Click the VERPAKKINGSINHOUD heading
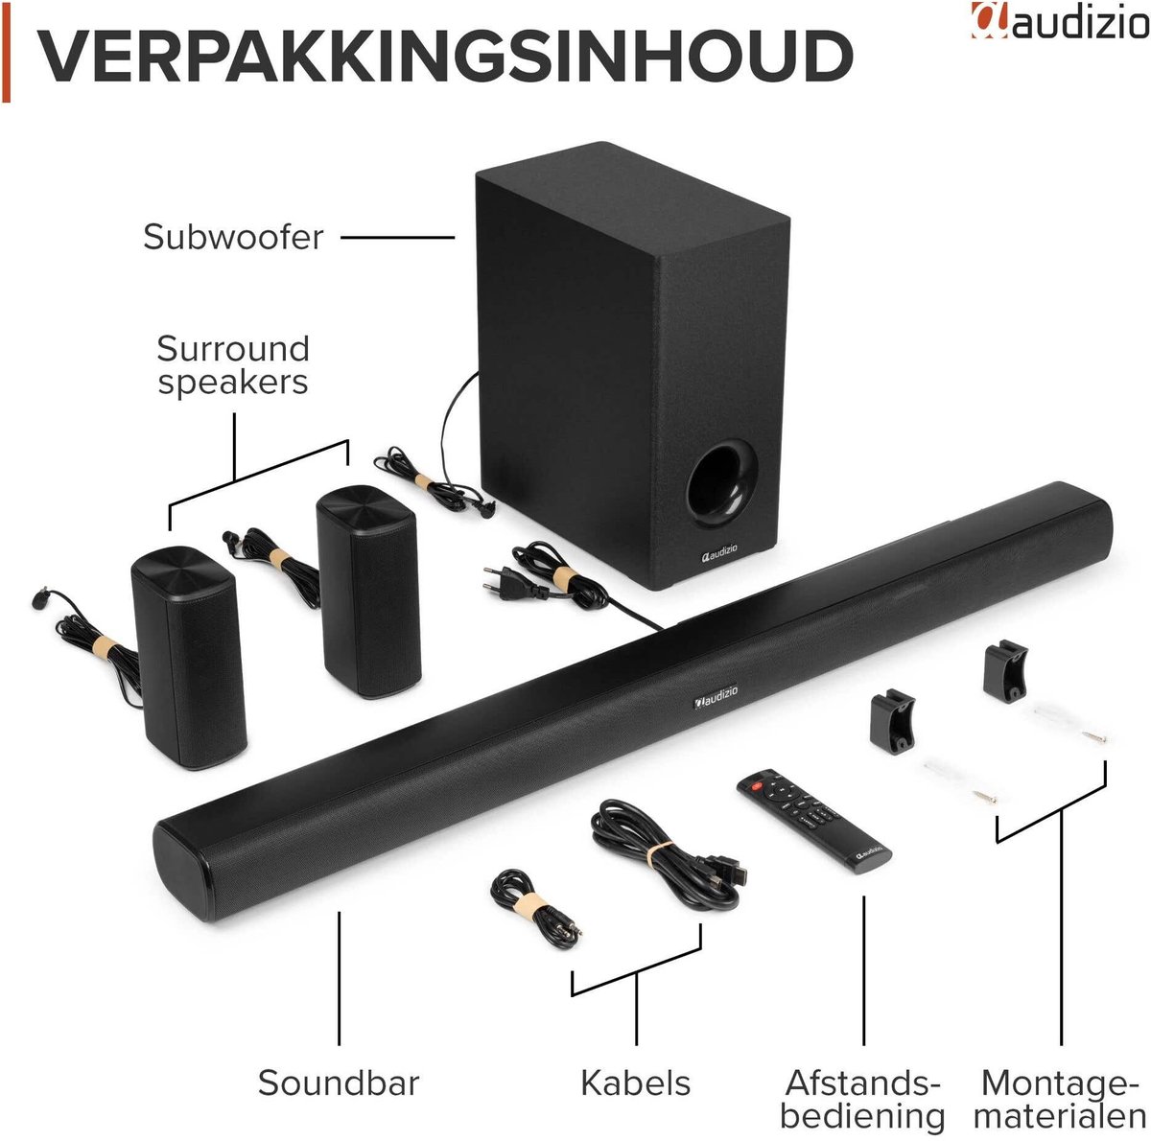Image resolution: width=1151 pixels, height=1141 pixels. coord(446,56)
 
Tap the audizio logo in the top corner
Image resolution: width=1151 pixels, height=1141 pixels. coord(1060,20)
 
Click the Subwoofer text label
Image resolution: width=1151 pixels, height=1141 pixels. coord(233,237)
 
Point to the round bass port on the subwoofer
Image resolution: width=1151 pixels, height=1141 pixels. coord(722,484)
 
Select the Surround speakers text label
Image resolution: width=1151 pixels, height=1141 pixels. coord(233,365)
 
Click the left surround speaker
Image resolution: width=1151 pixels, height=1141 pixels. coord(188,656)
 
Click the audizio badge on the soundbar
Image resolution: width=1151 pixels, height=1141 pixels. coord(715,696)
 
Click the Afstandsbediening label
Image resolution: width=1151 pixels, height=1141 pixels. coord(862,1098)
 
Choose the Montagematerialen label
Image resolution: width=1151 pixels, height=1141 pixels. coord(1060,1098)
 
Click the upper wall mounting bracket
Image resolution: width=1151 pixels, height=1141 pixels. coord(1005,670)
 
